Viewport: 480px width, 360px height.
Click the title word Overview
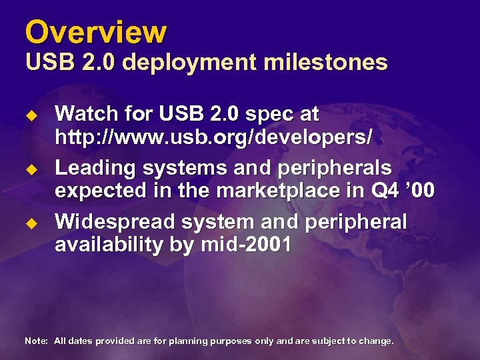[x=95, y=31]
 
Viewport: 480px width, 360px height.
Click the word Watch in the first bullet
[x=87, y=115]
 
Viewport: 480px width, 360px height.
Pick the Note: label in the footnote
[x=36, y=341]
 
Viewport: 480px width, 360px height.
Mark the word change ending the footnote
[x=377, y=341]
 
